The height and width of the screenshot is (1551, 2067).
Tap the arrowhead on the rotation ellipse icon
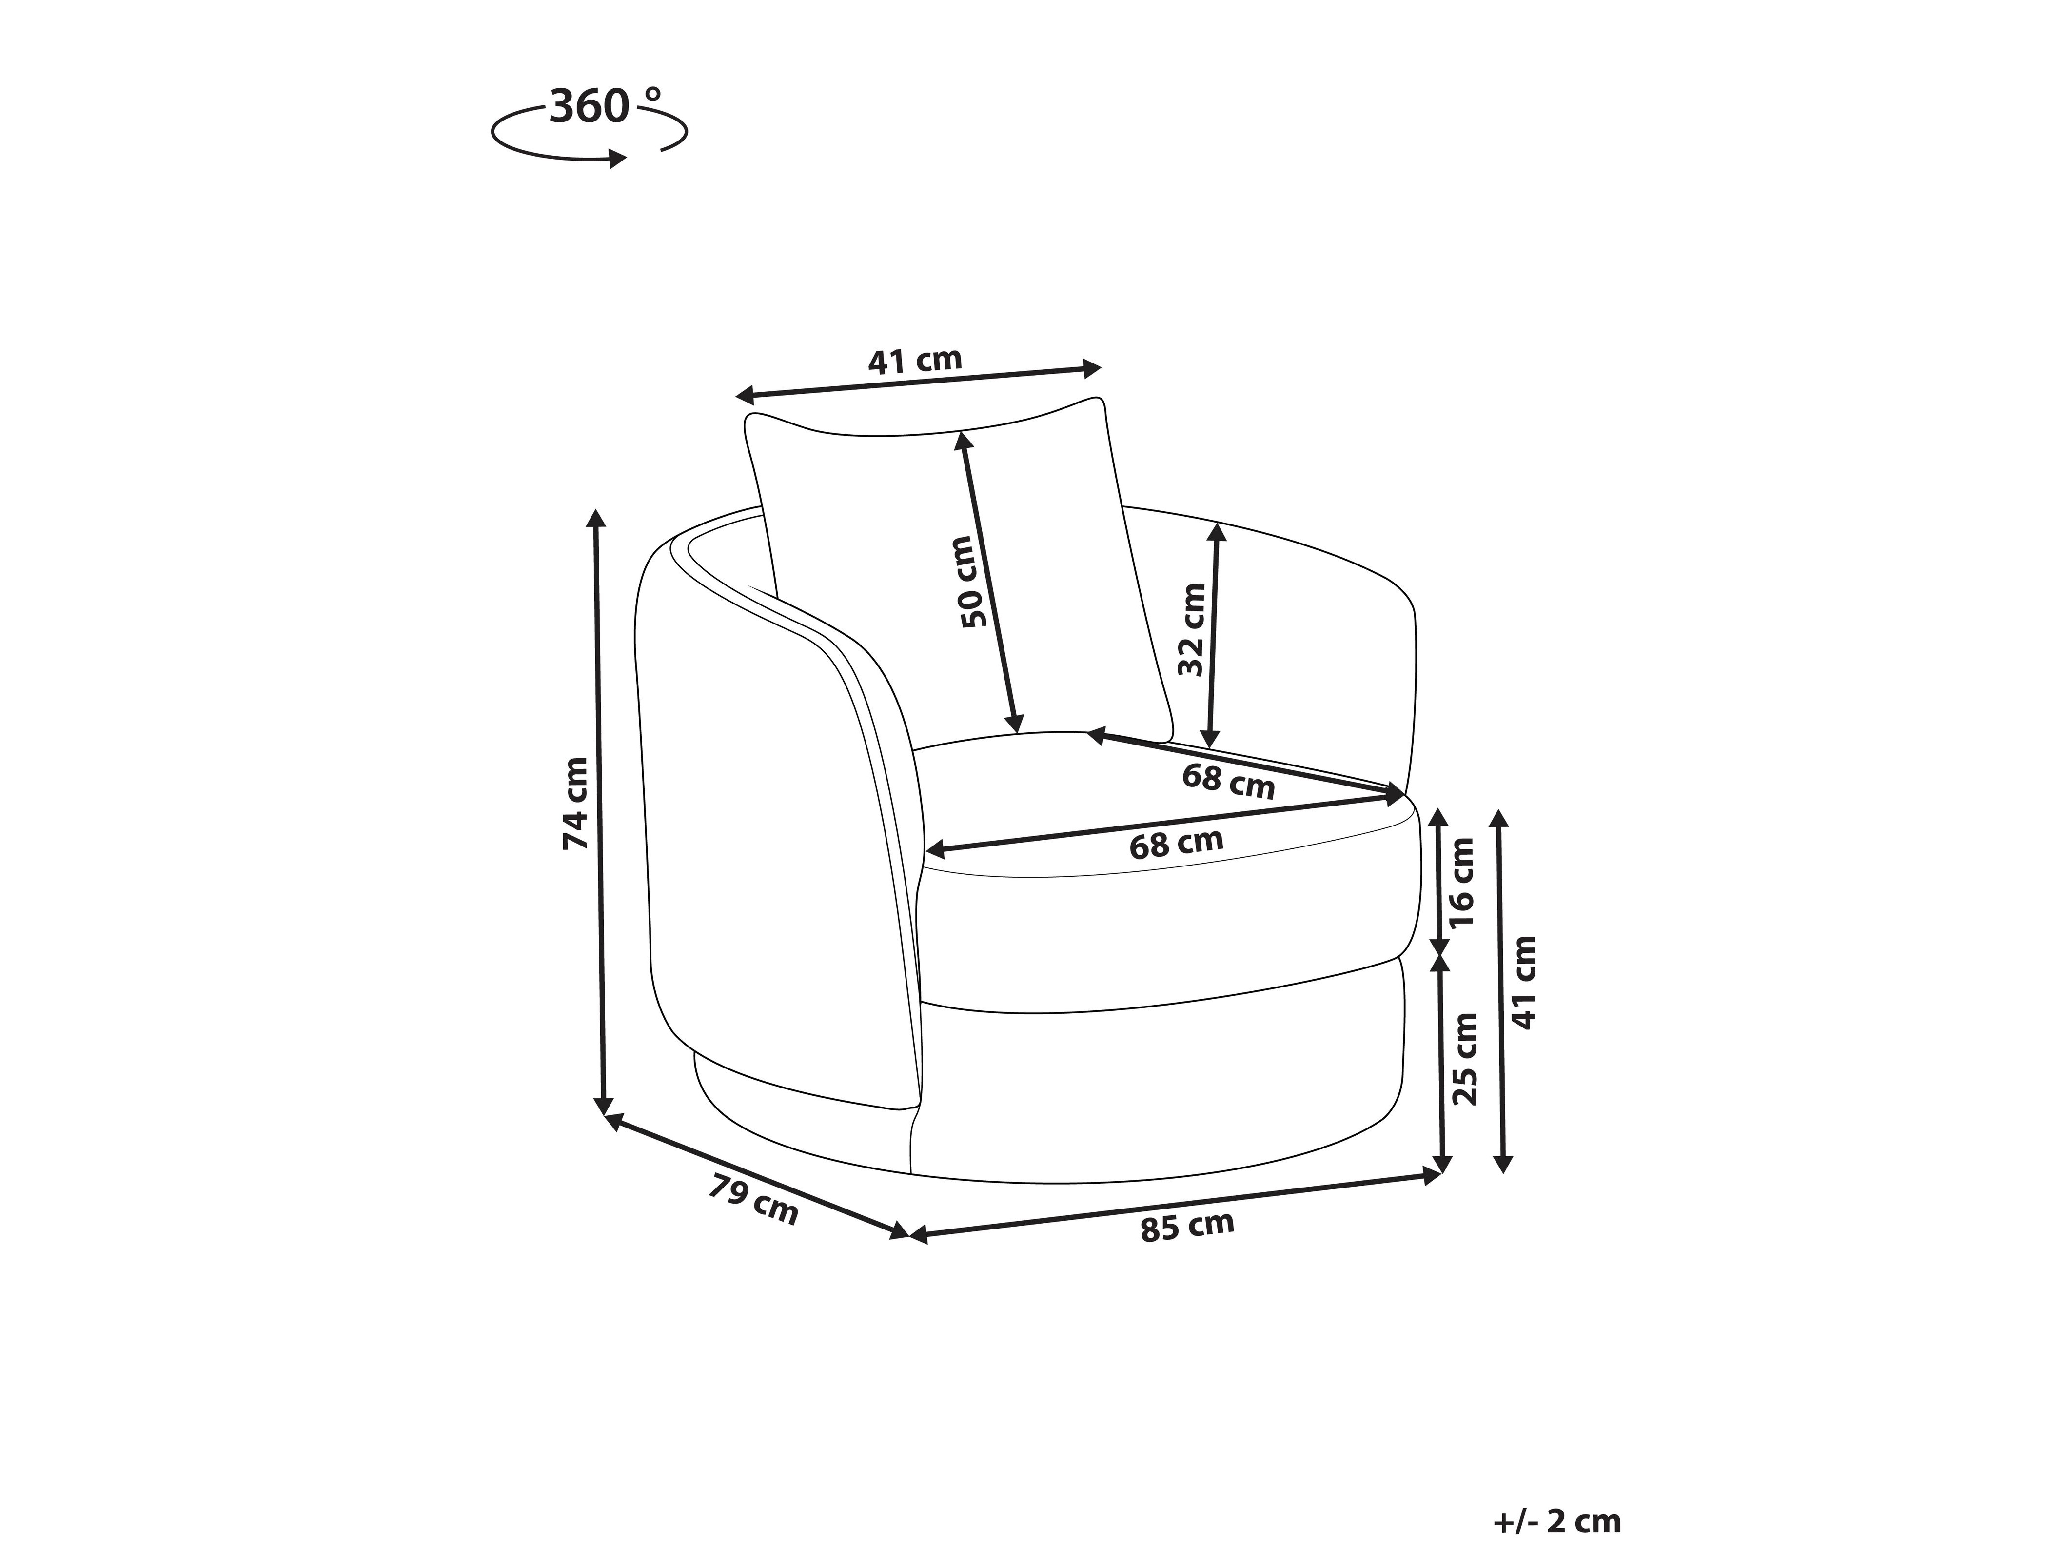tap(617, 159)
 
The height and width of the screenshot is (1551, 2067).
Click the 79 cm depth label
tap(753, 1200)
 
